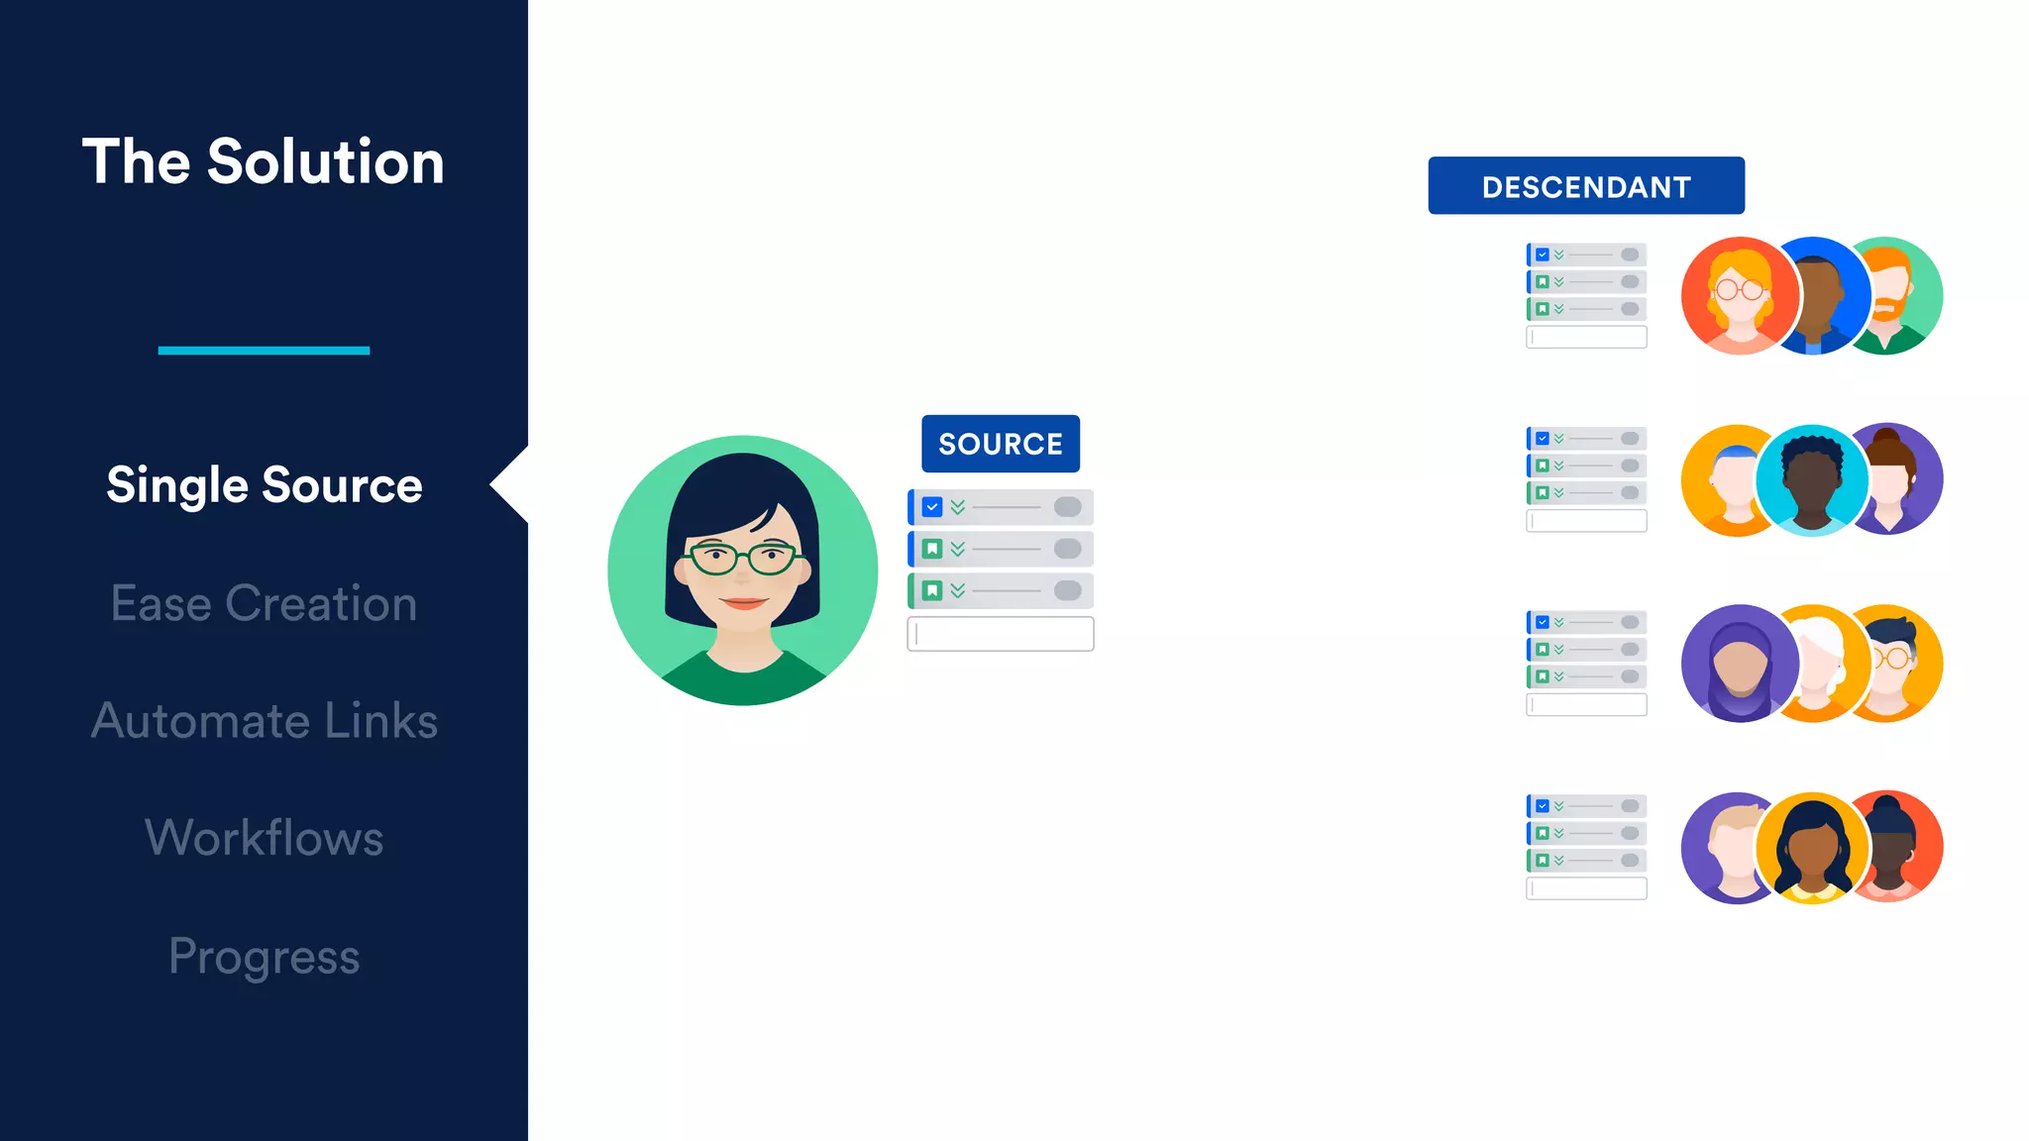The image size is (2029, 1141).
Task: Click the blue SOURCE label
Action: (x=1001, y=444)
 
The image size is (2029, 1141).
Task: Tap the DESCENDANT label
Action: (x=1585, y=186)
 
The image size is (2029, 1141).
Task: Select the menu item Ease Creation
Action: (x=264, y=603)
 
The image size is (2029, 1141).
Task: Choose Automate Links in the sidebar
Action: (x=264, y=720)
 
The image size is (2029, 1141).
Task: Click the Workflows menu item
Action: (x=264, y=838)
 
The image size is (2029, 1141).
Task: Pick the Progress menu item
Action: (x=264, y=956)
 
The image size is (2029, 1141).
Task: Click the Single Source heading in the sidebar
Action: (x=264, y=485)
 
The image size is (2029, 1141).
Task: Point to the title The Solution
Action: (x=264, y=161)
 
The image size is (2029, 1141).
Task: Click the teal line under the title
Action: (x=264, y=350)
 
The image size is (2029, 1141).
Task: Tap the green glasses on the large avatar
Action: (x=743, y=558)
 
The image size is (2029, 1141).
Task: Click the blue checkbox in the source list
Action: (x=932, y=507)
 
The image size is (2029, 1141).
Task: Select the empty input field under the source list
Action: (x=1001, y=634)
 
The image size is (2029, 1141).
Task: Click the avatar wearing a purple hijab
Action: (x=1739, y=664)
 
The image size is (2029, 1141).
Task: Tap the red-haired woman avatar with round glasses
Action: (x=1739, y=295)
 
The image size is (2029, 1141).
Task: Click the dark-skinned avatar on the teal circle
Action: (x=1812, y=480)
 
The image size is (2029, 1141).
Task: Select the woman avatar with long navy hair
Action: (x=1812, y=847)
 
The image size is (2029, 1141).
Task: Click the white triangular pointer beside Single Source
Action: (x=510, y=484)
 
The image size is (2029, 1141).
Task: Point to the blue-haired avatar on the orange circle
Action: (x=1729, y=480)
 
